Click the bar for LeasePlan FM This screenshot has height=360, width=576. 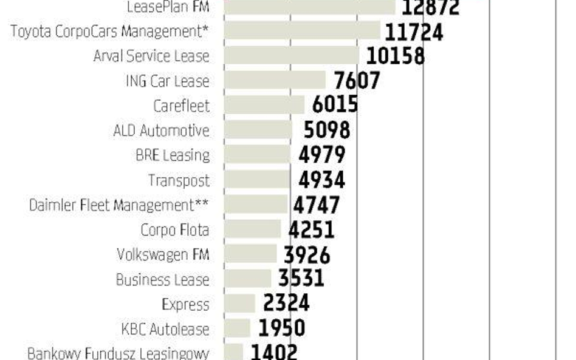310,7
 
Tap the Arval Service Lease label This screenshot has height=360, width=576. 151,56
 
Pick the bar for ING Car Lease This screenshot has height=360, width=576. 275,81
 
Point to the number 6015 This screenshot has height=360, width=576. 335,105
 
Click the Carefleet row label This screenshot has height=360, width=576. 181,106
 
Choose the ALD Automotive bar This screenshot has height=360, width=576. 258,130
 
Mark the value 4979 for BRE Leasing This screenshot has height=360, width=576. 321,155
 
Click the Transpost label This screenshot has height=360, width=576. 179,180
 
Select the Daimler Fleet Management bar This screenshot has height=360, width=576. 256,205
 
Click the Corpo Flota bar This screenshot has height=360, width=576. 253,229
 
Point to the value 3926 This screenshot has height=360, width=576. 307,254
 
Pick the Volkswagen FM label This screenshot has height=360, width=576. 163,255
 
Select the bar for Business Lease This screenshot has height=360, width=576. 248,279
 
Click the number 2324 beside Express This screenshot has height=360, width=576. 286,304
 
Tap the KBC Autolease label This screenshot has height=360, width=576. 165,330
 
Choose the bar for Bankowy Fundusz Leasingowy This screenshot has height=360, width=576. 234,352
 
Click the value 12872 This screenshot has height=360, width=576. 430,8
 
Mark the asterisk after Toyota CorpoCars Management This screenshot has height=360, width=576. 207,29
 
